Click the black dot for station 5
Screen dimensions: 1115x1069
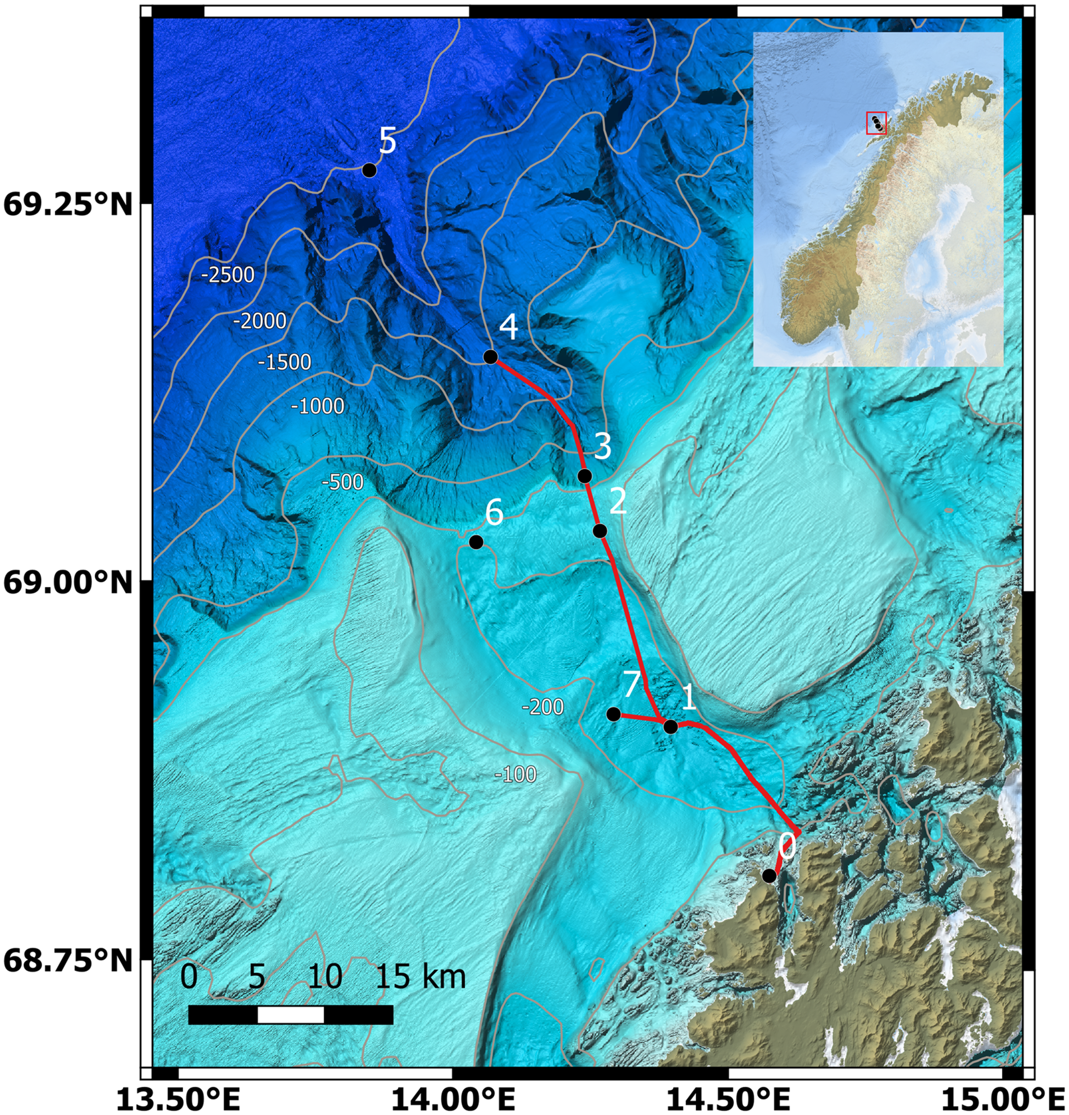click(x=369, y=170)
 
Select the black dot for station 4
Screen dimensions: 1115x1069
click(x=490, y=357)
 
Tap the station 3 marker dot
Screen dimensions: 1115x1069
click(x=585, y=476)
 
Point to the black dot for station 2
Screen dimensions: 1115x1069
click(x=599, y=531)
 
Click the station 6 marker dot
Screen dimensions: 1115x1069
click(x=476, y=542)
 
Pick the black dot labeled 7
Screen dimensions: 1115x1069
click(x=613, y=714)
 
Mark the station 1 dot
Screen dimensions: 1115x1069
click(x=671, y=727)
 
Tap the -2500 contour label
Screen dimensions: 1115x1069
click(x=228, y=275)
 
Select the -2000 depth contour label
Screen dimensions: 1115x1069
click(x=260, y=321)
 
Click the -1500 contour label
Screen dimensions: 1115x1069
click(x=284, y=362)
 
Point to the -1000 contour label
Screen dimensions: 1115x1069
click(x=317, y=406)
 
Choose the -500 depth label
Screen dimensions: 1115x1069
click(x=343, y=482)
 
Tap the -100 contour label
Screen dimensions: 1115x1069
click(x=515, y=774)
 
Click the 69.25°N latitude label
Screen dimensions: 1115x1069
click(x=68, y=205)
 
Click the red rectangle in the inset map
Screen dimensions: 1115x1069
click(x=876, y=123)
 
